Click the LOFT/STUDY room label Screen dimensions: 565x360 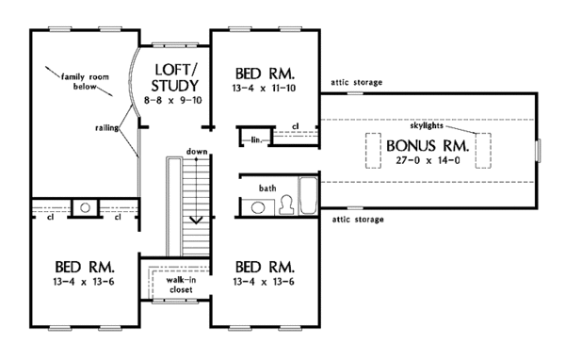(x=175, y=78)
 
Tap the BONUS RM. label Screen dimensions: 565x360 (x=428, y=146)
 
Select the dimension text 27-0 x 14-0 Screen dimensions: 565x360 (x=428, y=160)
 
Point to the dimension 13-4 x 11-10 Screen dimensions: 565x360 (x=264, y=88)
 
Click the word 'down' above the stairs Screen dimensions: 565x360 (x=197, y=152)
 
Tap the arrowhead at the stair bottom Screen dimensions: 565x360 (x=196, y=220)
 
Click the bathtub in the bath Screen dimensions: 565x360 (x=309, y=195)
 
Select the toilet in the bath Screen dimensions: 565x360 (x=286, y=205)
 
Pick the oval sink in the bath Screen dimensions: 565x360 (x=257, y=207)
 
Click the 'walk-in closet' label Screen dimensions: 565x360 (x=181, y=285)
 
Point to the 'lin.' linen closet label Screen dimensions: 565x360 (x=256, y=139)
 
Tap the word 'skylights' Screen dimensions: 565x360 (x=427, y=126)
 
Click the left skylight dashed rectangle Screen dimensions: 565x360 (x=373, y=151)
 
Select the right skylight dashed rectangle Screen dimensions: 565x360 (x=483, y=151)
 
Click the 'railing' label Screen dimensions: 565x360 (x=106, y=127)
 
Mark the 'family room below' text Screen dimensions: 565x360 (x=85, y=82)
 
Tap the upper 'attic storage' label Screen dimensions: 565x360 (x=356, y=83)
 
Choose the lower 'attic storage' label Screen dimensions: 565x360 (x=358, y=220)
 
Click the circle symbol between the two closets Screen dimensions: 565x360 (x=85, y=207)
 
